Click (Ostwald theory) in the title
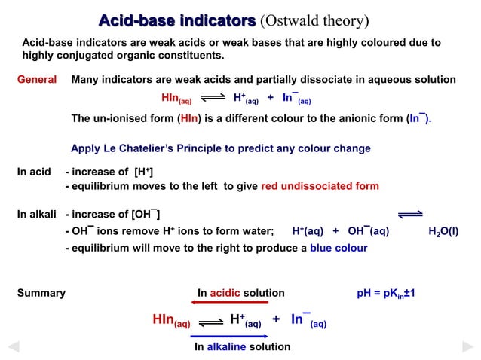pos(314,19)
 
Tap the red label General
pos(37,80)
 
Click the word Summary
pos(41,293)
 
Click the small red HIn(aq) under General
pos(176,99)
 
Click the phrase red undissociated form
pos(320,186)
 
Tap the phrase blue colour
pos(339,248)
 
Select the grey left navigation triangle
pos(13,347)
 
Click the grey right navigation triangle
pos(467,347)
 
